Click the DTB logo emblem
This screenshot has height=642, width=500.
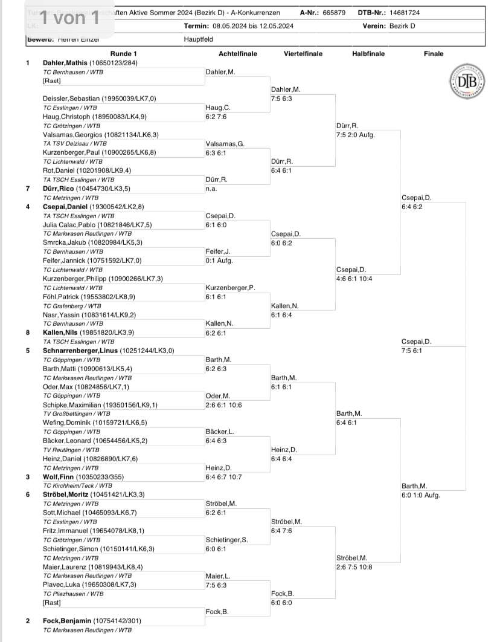pyautogui.click(x=463, y=82)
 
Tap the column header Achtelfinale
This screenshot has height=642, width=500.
pyautogui.click(x=237, y=54)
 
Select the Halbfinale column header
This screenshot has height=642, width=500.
pyautogui.click(x=368, y=54)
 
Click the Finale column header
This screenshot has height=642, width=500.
pyautogui.click(x=434, y=54)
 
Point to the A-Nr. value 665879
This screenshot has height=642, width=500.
pyautogui.click(x=333, y=12)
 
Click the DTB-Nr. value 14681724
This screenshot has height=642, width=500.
pyautogui.click(x=419, y=12)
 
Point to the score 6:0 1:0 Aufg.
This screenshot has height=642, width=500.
pyautogui.click(x=421, y=495)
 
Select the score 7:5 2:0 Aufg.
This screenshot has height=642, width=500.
pyautogui.click(x=355, y=135)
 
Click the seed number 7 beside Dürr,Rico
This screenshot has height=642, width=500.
pyautogui.click(x=28, y=189)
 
